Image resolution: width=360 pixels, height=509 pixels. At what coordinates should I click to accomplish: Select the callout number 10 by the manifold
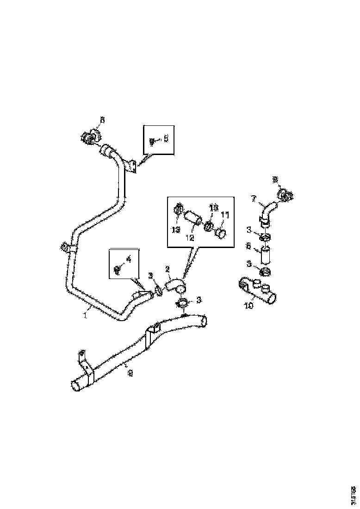(x=249, y=306)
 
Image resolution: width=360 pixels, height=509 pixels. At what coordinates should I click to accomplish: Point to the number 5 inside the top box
(x=167, y=138)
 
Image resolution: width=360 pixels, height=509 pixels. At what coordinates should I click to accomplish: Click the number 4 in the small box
(x=129, y=260)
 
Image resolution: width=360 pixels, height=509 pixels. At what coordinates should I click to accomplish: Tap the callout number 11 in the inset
(x=225, y=215)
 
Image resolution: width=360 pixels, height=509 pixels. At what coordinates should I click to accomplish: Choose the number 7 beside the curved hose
(x=254, y=199)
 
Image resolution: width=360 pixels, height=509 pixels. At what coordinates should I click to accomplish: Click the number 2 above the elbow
(x=168, y=269)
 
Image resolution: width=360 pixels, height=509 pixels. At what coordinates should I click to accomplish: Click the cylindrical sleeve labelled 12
(x=193, y=218)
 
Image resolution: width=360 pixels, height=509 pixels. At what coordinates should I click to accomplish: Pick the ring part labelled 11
(x=221, y=233)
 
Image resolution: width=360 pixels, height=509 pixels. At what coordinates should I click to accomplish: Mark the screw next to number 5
(x=151, y=140)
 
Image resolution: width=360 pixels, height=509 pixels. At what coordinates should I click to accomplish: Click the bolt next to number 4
(x=117, y=269)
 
